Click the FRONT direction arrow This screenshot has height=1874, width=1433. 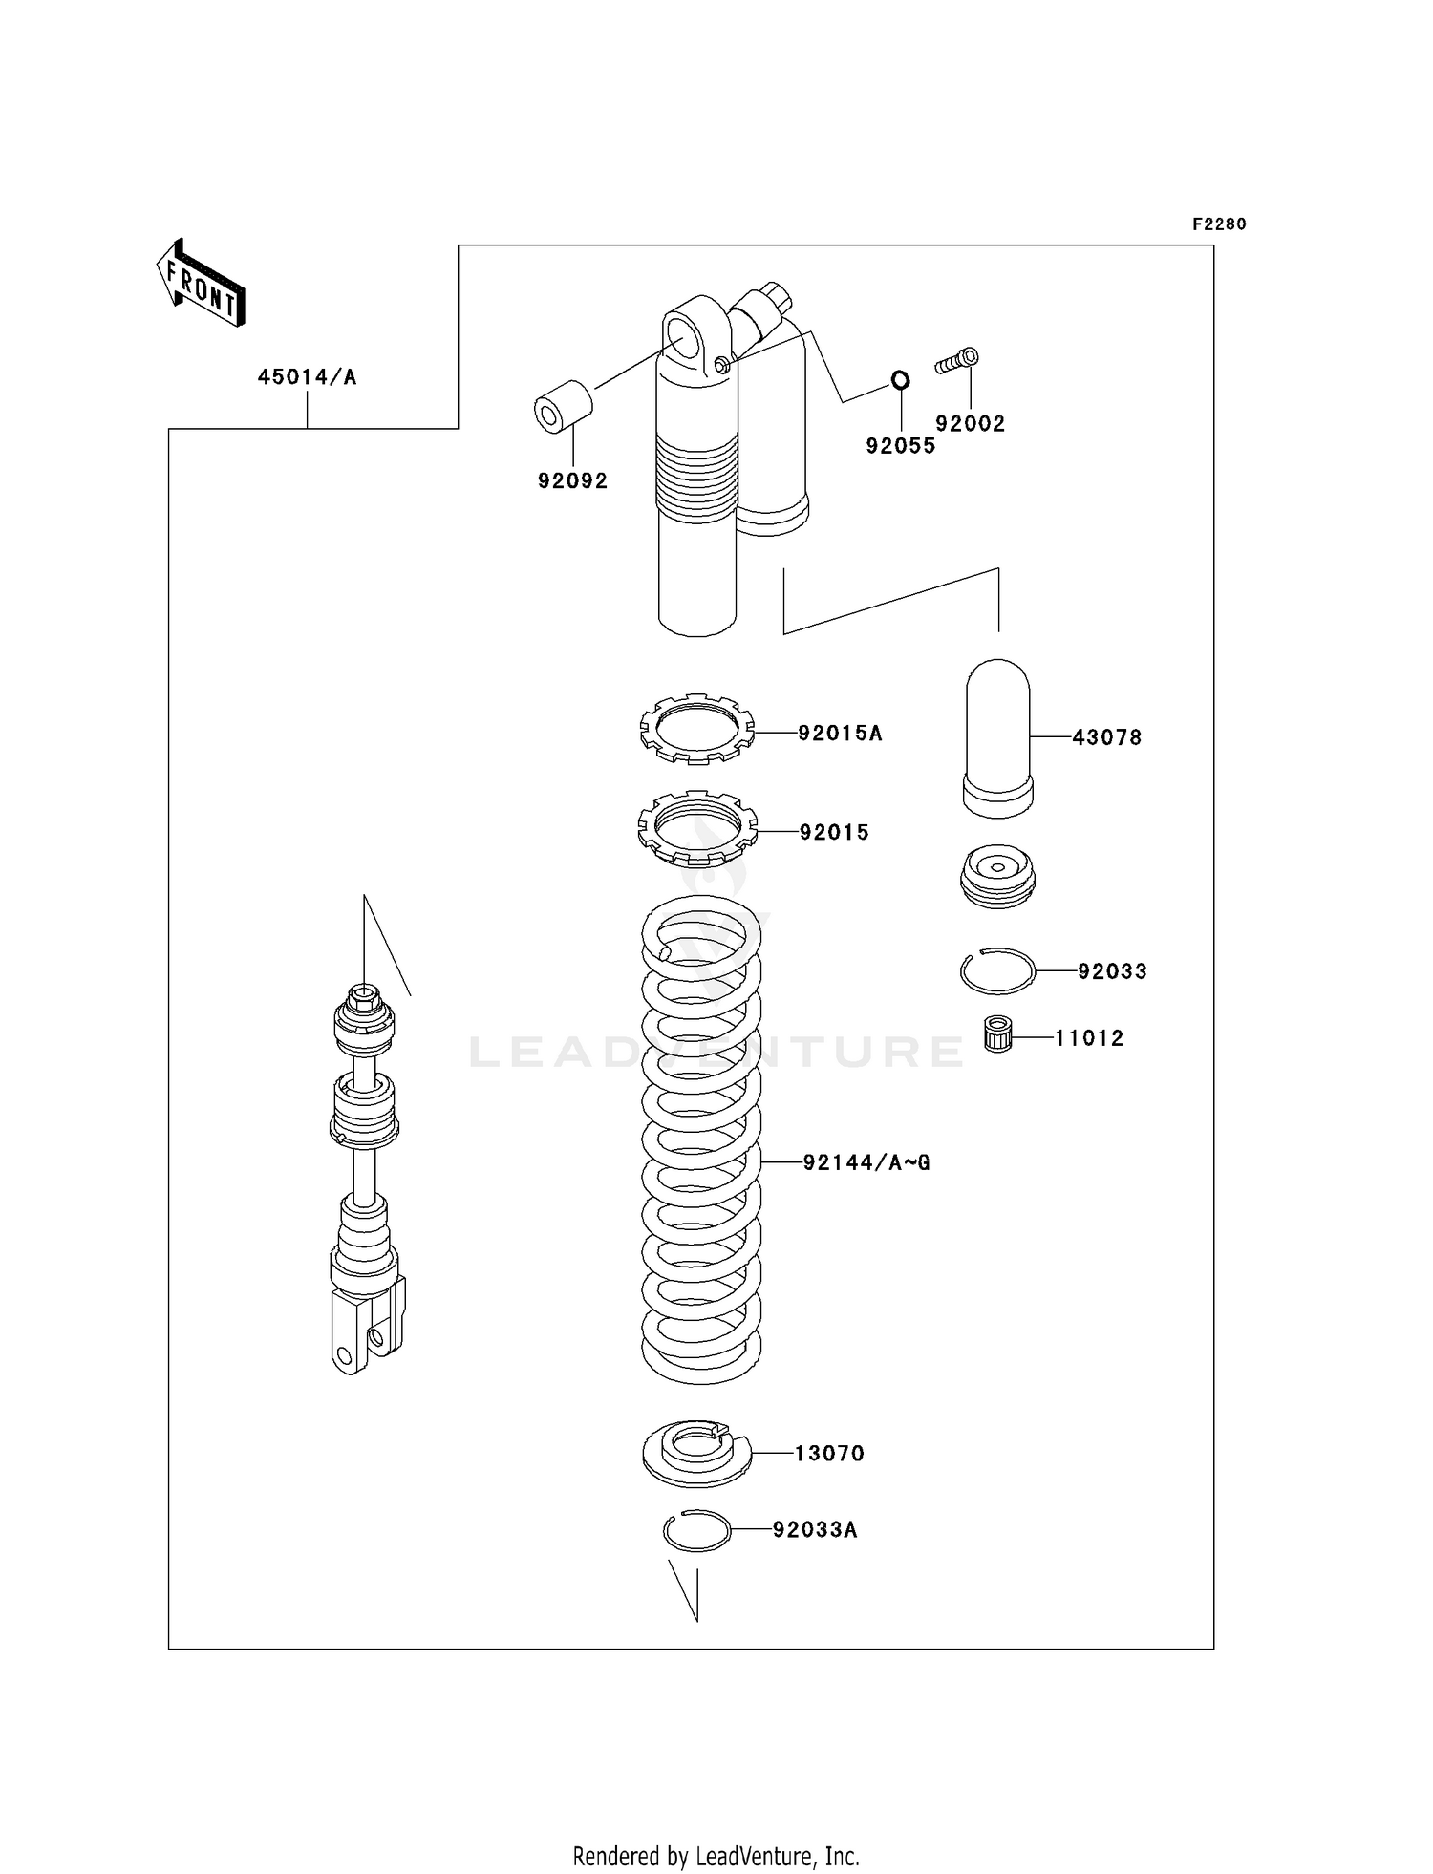[x=202, y=284]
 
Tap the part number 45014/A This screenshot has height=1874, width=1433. [x=307, y=377]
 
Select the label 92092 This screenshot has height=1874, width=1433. [x=572, y=481]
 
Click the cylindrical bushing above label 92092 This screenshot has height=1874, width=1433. [x=563, y=407]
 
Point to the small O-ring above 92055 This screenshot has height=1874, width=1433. [x=900, y=380]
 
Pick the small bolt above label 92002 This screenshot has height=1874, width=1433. [x=958, y=361]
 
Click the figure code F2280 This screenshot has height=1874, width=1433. [x=1219, y=224]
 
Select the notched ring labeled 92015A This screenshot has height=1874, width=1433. [x=696, y=728]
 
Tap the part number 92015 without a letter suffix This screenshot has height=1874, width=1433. [x=834, y=833]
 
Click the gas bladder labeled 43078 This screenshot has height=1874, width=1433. [x=998, y=737]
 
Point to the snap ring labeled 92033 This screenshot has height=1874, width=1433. [x=997, y=971]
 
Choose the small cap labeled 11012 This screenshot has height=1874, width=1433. [x=997, y=1035]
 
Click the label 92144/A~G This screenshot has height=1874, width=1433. [x=866, y=1162]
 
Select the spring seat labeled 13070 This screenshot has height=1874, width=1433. [x=696, y=1453]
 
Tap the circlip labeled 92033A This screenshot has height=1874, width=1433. [x=696, y=1531]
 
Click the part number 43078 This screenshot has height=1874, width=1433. [x=1107, y=737]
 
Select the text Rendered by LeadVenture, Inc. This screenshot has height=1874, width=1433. [x=716, y=1856]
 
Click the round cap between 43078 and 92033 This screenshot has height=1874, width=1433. [x=997, y=873]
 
